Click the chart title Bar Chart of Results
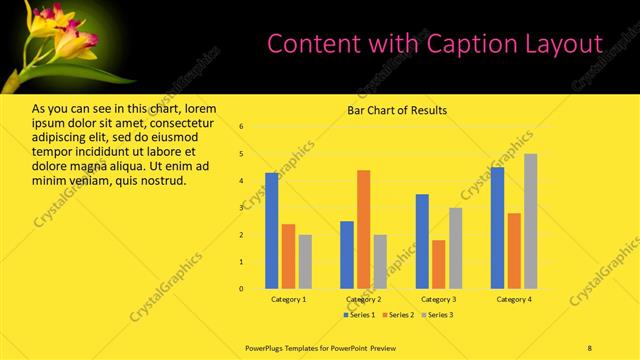pyautogui.click(x=397, y=110)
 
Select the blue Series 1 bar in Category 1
pyautogui.click(x=272, y=230)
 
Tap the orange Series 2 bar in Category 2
pyautogui.click(x=363, y=229)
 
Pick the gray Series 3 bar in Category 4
pyautogui.click(x=530, y=221)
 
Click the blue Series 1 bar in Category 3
pyautogui.click(x=422, y=241)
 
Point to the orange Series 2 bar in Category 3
pyautogui.click(x=438, y=264)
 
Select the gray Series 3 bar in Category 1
pyautogui.click(x=304, y=261)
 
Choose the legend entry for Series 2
pyautogui.click(x=398, y=315)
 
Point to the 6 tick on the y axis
pyautogui.click(x=241, y=127)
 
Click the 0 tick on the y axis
pyautogui.click(x=241, y=289)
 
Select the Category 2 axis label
pyautogui.click(x=363, y=300)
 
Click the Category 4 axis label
pyautogui.click(x=514, y=300)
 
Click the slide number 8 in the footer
pyautogui.click(x=590, y=347)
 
